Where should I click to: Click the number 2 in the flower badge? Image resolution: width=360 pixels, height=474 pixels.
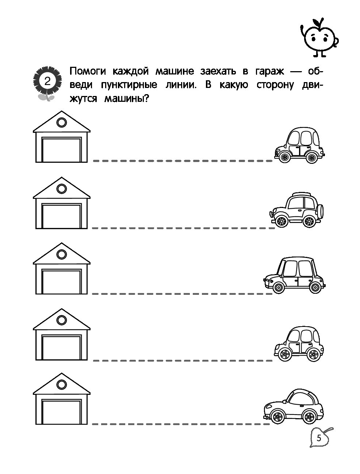point(47,81)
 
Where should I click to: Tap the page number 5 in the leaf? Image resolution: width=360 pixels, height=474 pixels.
point(319,438)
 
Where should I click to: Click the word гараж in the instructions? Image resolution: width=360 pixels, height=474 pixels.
point(270,71)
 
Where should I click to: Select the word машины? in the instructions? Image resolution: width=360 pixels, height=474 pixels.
point(127,99)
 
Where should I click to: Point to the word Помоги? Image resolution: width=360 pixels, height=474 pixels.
point(88,71)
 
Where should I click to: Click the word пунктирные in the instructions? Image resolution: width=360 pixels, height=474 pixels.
point(129,85)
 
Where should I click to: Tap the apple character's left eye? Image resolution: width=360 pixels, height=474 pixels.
point(313,38)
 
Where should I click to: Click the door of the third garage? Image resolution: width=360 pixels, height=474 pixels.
point(62,281)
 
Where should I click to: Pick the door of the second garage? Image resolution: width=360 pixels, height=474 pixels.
point(62,216)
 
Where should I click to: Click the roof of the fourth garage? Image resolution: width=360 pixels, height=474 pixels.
point(62,319)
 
